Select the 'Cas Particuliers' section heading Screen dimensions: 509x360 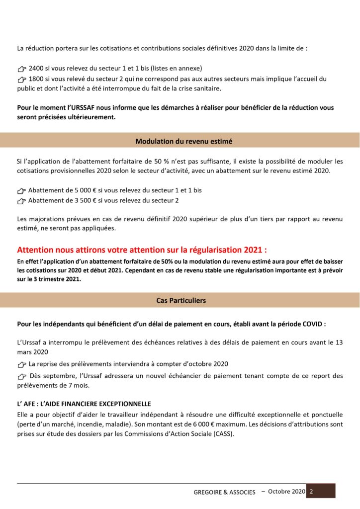click(181, 300)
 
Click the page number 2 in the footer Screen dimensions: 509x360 click(311, 491)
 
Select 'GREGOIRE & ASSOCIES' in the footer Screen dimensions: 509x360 click(224, 492)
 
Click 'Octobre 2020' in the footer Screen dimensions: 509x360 click(286, 491)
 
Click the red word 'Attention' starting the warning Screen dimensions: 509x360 click(38, 249)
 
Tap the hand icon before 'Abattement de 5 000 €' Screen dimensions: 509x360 click(21, 191)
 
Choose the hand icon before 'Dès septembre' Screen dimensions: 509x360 click(21, 376)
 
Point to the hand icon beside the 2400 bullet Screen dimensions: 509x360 click(21, 69)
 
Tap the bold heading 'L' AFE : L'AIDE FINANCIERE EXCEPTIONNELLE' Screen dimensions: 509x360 click(84, 404)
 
